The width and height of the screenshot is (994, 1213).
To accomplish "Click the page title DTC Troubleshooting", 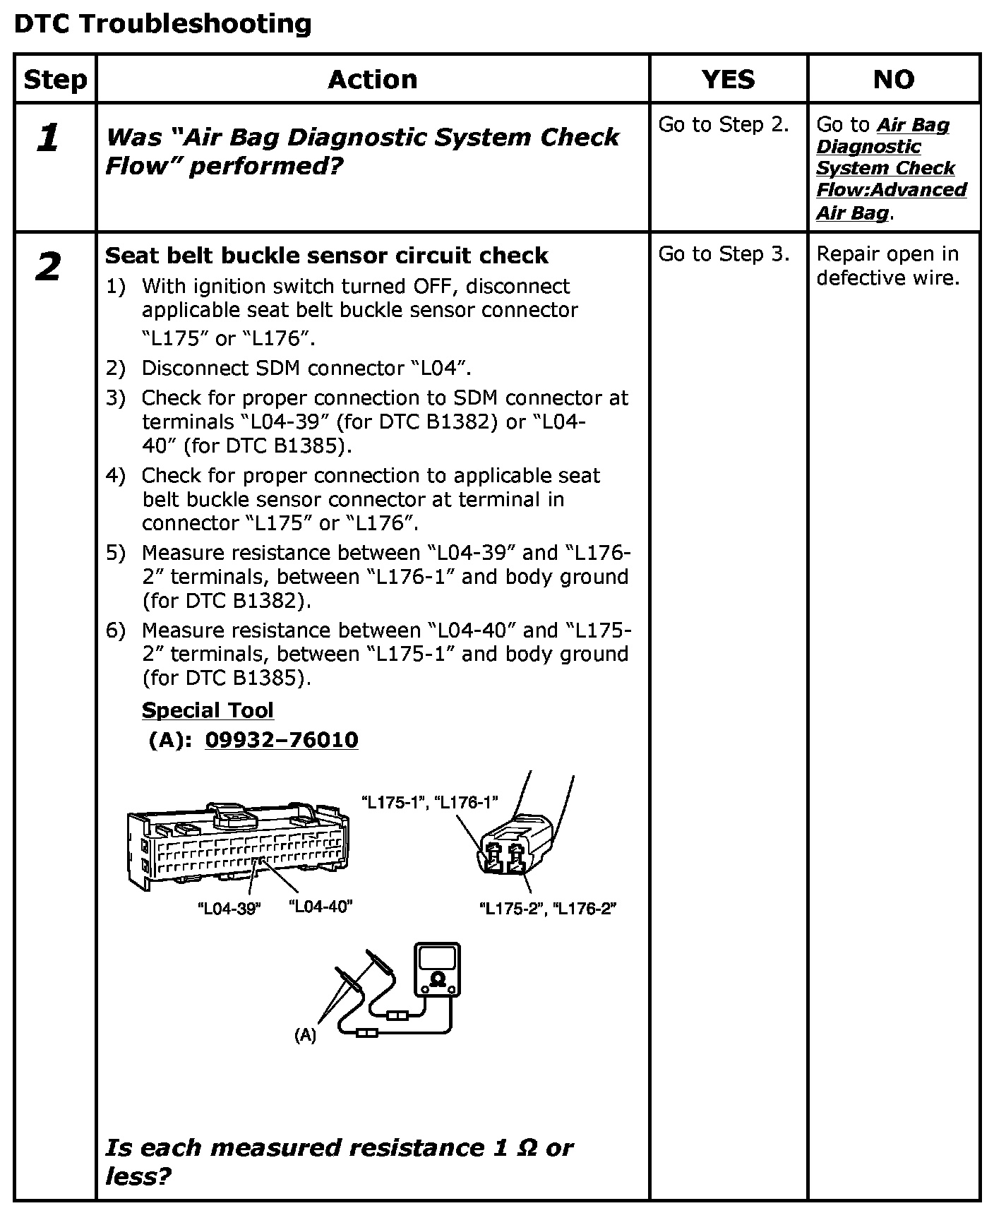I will (162, 24).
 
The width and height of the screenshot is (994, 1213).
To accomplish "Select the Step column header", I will (55, 80).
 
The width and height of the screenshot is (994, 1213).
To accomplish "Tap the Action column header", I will (372, 79).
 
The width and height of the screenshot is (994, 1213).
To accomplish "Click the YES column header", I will (728, 79).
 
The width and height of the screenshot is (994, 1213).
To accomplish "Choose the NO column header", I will (894, 79).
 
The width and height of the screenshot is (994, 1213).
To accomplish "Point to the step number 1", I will (48, 138).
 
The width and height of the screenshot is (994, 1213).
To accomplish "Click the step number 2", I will (48, 268).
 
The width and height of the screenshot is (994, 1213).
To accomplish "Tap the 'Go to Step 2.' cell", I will (724, 125).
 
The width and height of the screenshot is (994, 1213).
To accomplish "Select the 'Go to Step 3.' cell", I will (724, 254).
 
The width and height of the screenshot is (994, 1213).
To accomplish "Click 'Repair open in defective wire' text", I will (887, 266).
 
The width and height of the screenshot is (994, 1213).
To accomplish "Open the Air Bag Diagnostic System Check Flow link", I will (891, 169).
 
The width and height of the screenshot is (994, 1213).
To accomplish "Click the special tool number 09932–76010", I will (281, 740).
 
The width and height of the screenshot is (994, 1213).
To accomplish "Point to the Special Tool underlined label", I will (208, 710).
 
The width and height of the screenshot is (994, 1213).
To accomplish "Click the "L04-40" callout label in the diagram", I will (321, 907).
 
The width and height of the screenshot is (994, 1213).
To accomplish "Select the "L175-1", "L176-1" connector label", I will (429, 802).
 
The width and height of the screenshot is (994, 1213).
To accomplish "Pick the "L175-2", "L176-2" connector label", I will (548, 909).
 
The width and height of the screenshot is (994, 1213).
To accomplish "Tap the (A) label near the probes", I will (305, 1036).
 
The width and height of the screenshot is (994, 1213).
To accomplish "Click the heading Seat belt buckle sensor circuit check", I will (326, 256).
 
